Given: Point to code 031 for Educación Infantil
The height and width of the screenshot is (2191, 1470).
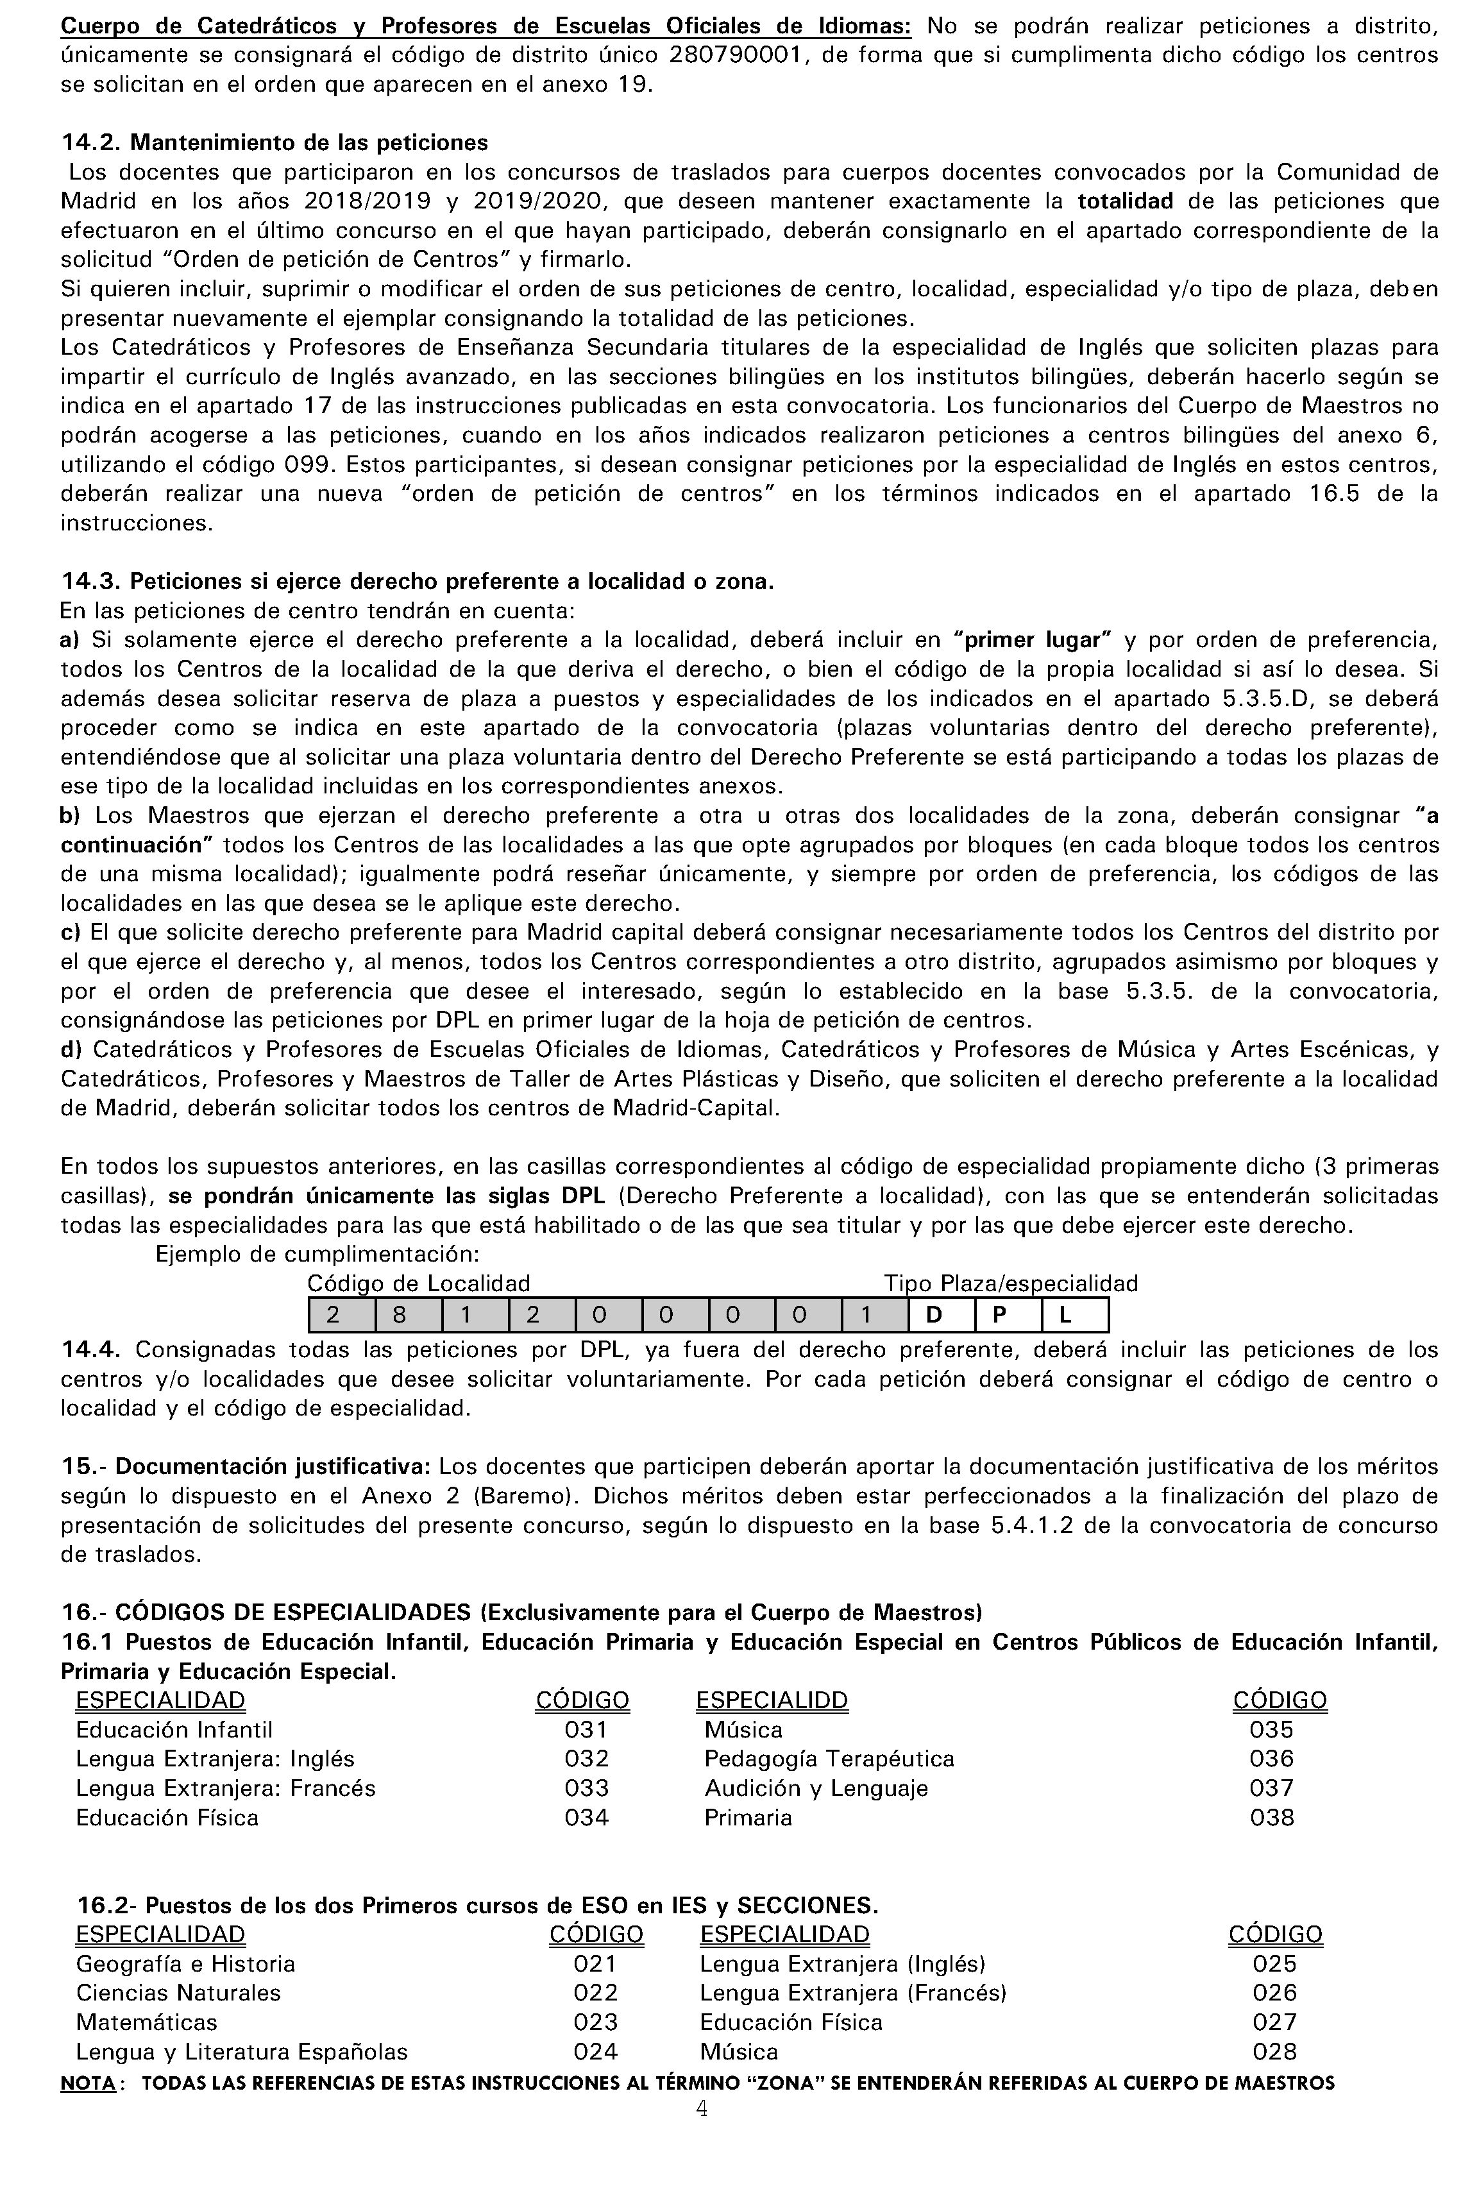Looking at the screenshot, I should pyautogui.click(x=586, y=1730).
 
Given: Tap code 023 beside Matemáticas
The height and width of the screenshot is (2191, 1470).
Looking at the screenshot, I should pyautogui.click(x=595, y=2022).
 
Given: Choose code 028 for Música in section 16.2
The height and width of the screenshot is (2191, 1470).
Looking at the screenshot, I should pyautogui.click(x=1274, y=2051).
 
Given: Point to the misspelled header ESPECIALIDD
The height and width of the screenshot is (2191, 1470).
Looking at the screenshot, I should pyautogui.click(x=771, y=1701).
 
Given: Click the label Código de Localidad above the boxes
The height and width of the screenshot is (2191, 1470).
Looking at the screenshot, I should pyautogui.click(x=418, y=1283).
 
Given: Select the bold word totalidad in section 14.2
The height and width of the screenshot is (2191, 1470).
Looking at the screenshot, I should pyautogui.click(x=1125, y=201).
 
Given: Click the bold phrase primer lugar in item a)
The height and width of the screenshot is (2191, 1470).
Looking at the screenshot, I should pyautogui.click(x=1031, y=640).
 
